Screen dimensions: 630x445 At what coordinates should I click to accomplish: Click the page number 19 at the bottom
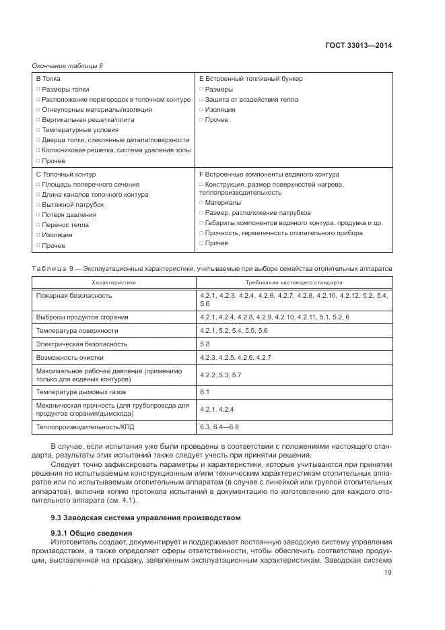388,573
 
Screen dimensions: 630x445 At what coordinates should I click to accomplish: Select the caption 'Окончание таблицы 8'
67,65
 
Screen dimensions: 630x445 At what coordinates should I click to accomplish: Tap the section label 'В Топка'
48,79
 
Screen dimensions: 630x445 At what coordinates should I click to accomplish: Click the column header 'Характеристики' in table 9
114,282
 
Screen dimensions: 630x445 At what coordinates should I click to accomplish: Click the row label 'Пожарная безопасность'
74,295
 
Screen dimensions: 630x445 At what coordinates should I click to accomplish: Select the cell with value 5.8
205,344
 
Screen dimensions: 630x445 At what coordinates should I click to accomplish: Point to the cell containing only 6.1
205,391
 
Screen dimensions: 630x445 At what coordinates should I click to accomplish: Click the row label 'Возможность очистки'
70,357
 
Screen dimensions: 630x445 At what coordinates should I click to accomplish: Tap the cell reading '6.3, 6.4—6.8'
219,427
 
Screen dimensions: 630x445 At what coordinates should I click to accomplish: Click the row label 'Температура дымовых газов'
80,391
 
